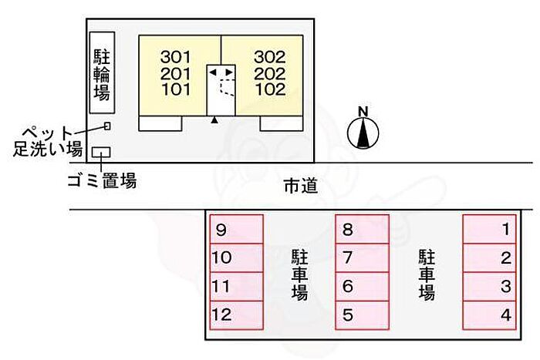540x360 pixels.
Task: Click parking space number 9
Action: pos(237,229)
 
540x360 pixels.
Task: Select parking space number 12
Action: pos(237,315)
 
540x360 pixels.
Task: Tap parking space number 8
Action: pos(363,229)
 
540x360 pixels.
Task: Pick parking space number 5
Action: pos(363,315)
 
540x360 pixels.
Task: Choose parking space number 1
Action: pos(489,229)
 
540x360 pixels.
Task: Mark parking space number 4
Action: pos(489,315)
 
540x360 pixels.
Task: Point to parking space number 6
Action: pos(363,287)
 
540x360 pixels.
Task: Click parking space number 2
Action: pos(489,258)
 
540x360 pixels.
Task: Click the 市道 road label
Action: pos(301,187)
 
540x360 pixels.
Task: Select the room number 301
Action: pos(175,57)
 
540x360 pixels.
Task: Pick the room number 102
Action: pos(270,89)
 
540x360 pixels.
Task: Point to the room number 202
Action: pos(270,74)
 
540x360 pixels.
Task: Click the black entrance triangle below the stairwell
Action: pos(214,119)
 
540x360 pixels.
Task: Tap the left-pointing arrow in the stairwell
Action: pos(213,72)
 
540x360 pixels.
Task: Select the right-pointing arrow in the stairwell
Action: pos(229,72)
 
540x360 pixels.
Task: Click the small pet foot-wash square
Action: pos(107,126)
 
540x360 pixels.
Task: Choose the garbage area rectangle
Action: pos(101,152)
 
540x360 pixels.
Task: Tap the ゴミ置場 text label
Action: pos(103,181)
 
